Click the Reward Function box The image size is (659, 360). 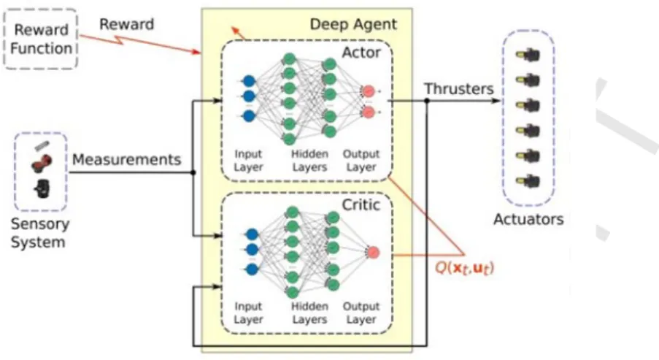tap(41, 39)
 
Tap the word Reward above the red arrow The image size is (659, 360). tap(126, 24)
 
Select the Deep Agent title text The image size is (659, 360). tap(353, 24)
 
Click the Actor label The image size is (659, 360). tap(361, 53)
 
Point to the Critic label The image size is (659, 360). tap(361, 204)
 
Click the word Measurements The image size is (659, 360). tap(126, 160)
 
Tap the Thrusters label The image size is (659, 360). tap(458, 89)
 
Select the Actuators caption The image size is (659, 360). tap(528, 219)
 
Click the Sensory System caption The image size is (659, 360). tap(40, 233)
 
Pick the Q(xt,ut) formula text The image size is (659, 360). tap(464, 268)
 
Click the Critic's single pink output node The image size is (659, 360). tap(373, 253)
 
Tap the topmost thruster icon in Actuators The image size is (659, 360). tap(528, 55)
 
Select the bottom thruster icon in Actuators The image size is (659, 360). tap(528, 182)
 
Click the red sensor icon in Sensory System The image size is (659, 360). tap(41, 163)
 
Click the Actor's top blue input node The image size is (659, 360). tap(249, 81)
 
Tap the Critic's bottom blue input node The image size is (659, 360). tap(252, 269)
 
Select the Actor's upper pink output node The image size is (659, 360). tap(369, 91)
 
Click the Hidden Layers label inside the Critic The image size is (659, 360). tap(309, 313)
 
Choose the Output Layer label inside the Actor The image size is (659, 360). tap(361, 161)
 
